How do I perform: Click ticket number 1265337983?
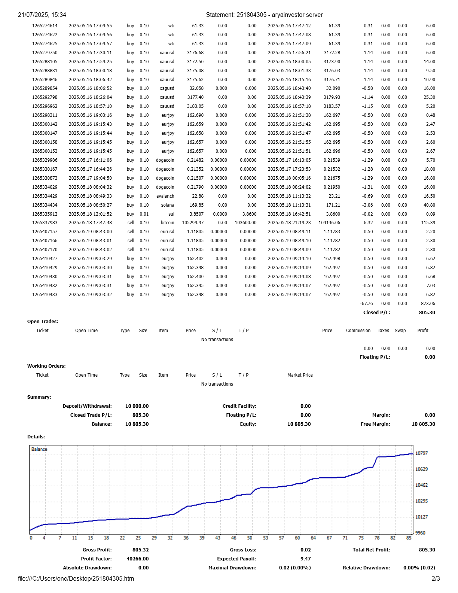[x=45, y=223]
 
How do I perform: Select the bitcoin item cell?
[x=167, y=223]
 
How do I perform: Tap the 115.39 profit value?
[x=428, y=223]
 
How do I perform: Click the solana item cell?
[x=168, y=205]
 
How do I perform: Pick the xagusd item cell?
[x=167, y=88]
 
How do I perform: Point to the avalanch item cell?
[x=165, y=196]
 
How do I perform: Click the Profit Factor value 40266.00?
[x=137, y=559]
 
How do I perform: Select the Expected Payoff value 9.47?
[x=305, y=559]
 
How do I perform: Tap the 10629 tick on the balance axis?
[x=421, y=469]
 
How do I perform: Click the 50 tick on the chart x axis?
[x=250, y=538]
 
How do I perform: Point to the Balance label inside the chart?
[x=39, y=449]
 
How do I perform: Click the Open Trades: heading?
[x=43, y=322]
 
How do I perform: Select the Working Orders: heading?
[x=46, y=366]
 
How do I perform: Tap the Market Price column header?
[x=300, y=375]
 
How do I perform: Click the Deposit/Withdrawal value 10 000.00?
[x=137, y=406]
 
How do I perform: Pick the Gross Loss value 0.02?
[x=305, y=550]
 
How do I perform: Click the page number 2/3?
[x=436, y=578]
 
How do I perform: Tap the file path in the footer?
[x=76, y=578]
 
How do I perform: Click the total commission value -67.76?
[x=366, y=304]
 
